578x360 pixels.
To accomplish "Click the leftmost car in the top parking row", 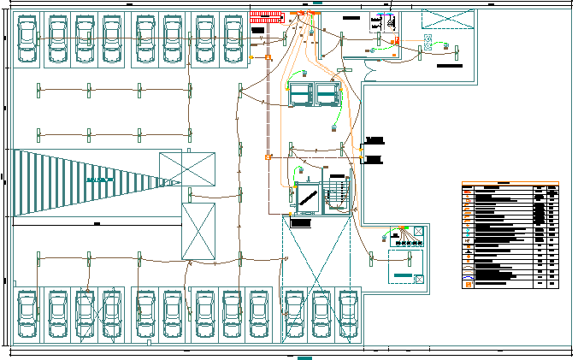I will pyautogui.click(x=27, y=39).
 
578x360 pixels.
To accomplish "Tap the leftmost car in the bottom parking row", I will pyautogui.click(x=27, y=314).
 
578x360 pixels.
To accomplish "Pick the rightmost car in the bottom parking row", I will pyautogui.click(x=348, y=314).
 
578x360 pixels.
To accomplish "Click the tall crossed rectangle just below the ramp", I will pyautogui.click(x=198, y=231).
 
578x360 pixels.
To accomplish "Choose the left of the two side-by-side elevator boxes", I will pyautogui.click(x=300, y=93).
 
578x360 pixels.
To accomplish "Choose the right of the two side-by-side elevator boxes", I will pyautogui.click(x=327, y=93).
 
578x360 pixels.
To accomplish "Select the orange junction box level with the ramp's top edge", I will pyautogui.click(x=268, y=157).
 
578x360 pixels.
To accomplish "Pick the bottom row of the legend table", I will pyautogui.click(x=510, y=284).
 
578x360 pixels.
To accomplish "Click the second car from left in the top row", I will pyautogui.click(x=58, y=39).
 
